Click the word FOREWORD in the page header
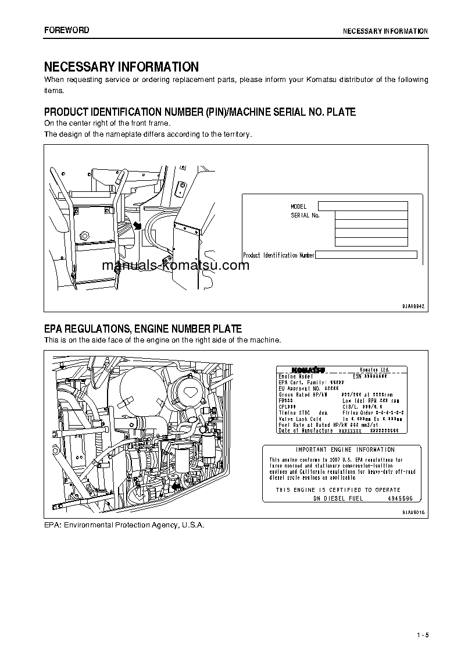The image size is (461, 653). (67, 30)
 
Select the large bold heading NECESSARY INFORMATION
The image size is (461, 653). (121, 67)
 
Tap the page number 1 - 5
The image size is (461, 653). (422, 634)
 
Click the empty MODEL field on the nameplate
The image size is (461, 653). (363, 206)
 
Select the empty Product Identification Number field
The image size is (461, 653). (366, 255)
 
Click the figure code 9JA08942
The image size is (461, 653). (413, 305)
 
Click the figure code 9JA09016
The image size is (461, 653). (413, 512)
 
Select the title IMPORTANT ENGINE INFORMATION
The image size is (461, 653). (345, 449)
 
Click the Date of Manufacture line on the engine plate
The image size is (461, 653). (306, 430)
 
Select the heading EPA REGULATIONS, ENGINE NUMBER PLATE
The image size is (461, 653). (143, 329)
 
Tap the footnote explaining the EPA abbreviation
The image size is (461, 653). (124, 524)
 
